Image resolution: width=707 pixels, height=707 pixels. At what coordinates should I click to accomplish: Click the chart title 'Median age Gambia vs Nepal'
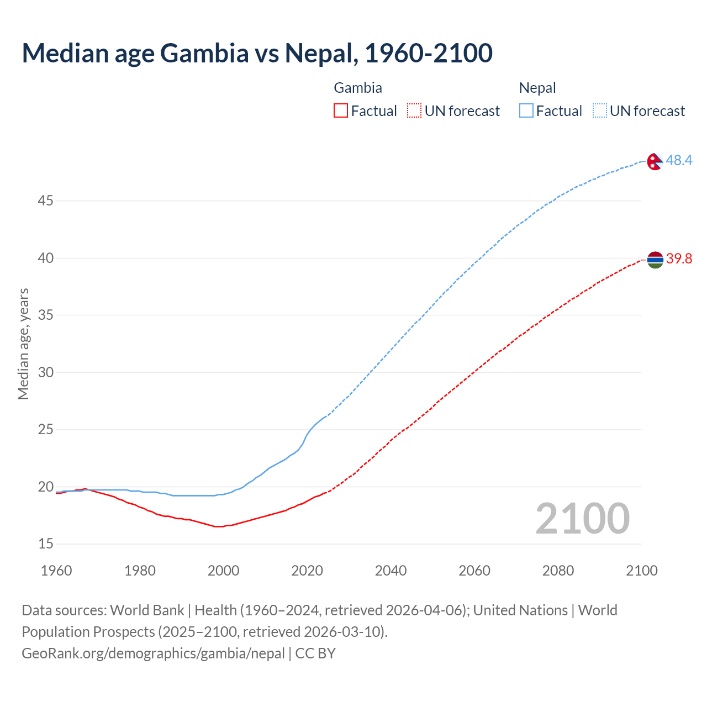[257, 53]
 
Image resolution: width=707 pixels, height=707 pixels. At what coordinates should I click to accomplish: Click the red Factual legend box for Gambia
[341, 111]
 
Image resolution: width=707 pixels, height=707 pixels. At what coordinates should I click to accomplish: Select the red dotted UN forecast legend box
[414, 111]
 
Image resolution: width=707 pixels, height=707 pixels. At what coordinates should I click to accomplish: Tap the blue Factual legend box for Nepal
[526, 111]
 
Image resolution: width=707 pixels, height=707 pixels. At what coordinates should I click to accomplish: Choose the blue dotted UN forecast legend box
[600, 111]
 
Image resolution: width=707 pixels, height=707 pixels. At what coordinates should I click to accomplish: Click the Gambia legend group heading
[358, 88]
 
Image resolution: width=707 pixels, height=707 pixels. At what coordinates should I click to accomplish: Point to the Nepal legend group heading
[537, 88]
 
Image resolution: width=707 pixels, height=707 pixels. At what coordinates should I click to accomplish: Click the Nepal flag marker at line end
[655, 161]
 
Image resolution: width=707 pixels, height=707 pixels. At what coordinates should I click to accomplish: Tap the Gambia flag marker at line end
[655, 260]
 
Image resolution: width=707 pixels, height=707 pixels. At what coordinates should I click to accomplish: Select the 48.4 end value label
[679, 161]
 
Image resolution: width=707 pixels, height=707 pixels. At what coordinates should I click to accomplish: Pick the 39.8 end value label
[679, 259]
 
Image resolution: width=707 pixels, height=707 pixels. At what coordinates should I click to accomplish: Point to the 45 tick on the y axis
[45, 201]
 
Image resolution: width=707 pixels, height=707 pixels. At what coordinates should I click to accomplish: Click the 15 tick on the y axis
[45, 544]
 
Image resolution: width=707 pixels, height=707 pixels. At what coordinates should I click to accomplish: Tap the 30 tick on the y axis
[45, 372]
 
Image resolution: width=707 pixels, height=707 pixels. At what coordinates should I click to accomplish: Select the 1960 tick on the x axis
[56, 571]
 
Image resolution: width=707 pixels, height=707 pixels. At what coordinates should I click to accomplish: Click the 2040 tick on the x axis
[391, 571]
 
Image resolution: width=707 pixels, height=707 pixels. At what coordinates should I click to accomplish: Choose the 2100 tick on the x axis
[641, 571]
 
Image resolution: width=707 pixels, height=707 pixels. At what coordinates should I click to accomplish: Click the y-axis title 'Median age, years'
[23, 344]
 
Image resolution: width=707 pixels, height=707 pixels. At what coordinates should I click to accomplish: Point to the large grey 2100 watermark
[582, 519]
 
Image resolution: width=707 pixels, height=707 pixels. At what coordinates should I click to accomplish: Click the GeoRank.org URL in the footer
[153, 653]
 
